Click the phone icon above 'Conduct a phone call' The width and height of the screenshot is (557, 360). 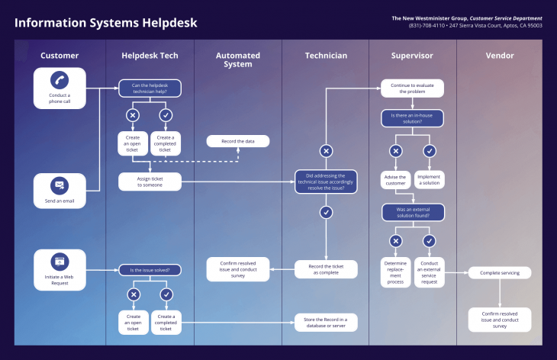60,79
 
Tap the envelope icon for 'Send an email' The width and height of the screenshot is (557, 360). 60,184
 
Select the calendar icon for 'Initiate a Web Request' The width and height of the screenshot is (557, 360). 60,260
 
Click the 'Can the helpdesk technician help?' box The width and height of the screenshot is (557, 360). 150,89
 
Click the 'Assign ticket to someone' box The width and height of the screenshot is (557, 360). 149,182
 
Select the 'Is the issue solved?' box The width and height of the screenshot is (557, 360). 150,269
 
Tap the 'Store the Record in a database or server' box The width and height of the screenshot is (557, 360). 326,323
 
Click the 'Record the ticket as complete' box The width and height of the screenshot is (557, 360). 326,269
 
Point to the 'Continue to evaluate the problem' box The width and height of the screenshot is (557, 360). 412,89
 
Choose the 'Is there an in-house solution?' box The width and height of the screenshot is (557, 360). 412,118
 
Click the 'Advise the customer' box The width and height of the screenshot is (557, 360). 395,180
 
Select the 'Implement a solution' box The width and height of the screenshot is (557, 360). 429,180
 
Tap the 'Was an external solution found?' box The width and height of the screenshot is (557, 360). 412,211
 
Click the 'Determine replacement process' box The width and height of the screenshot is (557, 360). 395,272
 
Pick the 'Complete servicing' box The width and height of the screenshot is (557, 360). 499,272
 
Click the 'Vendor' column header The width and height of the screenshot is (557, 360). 500,56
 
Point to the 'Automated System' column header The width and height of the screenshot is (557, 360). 237,59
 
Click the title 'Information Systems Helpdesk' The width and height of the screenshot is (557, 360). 105,23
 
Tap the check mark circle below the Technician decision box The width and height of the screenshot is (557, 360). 326,212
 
